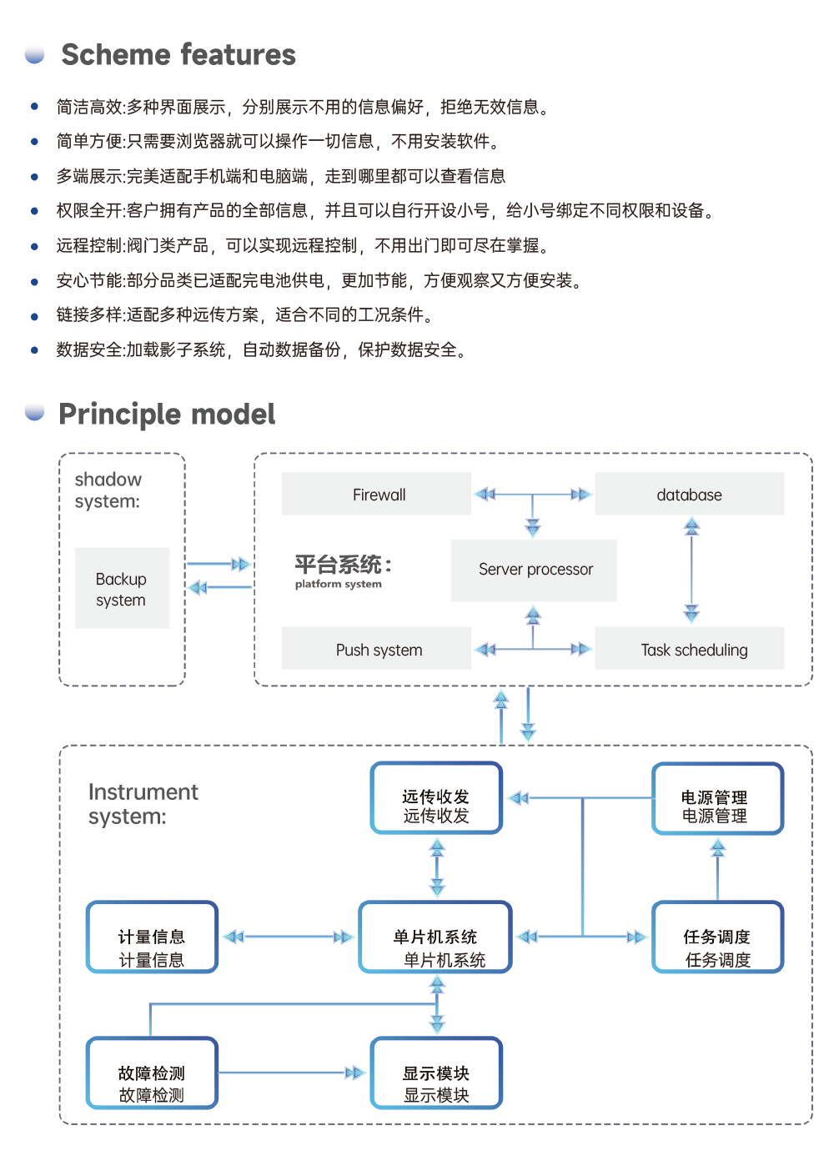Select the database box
(x=689, y=494)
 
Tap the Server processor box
(x=534, y=570)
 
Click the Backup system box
(x=122, y=588)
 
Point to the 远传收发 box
(x=436, y=798)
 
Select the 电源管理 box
(x=717, y=798)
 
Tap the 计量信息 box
(x=152, y=937)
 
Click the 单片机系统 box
(x=435, y=937)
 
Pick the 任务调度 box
(x=717, y=937)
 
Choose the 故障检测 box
(x=152, y=1073)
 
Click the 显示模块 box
(x=436, y=1073)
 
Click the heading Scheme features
(x=178, y=55)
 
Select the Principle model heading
(x=167, y=415)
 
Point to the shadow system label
(x=108, y=490)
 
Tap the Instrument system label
(x=143, y=804)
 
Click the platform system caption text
(x=338, y=584)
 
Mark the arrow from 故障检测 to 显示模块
(x=292, y=1073)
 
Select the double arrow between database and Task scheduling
(x=691, y=570)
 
